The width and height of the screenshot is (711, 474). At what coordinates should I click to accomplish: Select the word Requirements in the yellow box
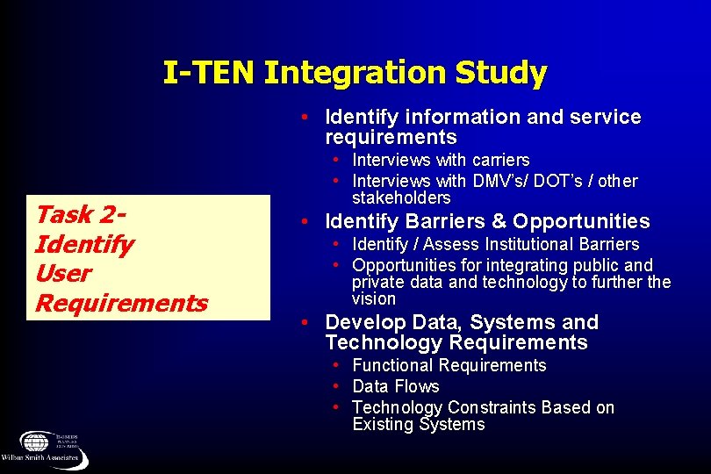pos(121,304)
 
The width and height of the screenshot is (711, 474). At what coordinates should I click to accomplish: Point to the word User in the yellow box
pos(62,274)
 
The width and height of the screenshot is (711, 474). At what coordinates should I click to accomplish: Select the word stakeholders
pos(400,198)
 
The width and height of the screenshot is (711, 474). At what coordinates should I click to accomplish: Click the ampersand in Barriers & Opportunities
pos(500,221)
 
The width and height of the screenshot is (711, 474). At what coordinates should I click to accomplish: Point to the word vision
pos(374,299)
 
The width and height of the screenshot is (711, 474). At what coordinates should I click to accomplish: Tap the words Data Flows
pos(395,387)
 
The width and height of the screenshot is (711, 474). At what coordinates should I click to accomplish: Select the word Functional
pos(392,366)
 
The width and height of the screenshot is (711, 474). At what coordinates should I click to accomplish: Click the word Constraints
pos(492,408)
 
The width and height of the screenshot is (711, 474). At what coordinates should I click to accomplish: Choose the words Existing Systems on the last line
pos(418,425)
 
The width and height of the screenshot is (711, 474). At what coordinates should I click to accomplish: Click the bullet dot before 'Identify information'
pos(302,117)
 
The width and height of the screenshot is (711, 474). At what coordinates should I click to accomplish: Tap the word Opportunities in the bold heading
pos(581,221)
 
